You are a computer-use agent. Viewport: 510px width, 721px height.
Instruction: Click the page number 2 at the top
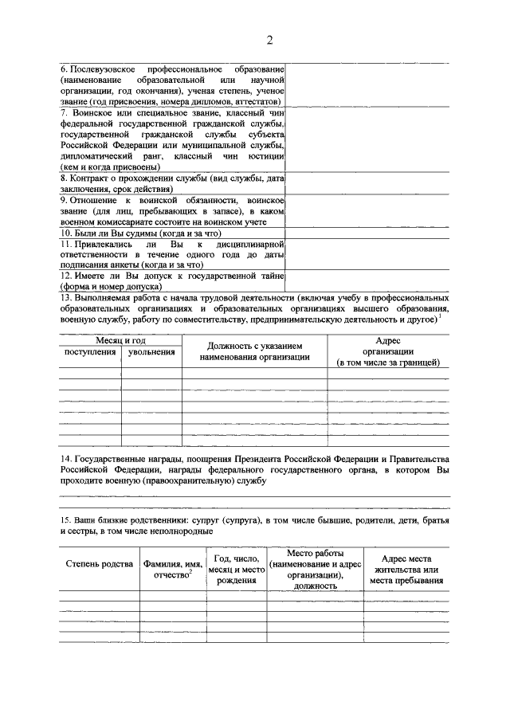[x=269, y=41]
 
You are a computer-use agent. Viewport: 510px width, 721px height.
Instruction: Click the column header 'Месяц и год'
[x=120, y=340]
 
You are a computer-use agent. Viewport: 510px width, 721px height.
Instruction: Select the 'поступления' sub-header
[x=89, y=351]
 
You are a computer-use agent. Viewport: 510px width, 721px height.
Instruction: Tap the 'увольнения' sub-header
[x=151, y=351]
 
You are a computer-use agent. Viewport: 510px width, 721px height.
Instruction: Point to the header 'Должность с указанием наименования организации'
[x=255, y=351]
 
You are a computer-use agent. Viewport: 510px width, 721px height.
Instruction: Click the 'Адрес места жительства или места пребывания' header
[x=406, y=569]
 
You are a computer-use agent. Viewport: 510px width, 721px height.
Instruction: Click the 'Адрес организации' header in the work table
[x=387, y=351]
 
